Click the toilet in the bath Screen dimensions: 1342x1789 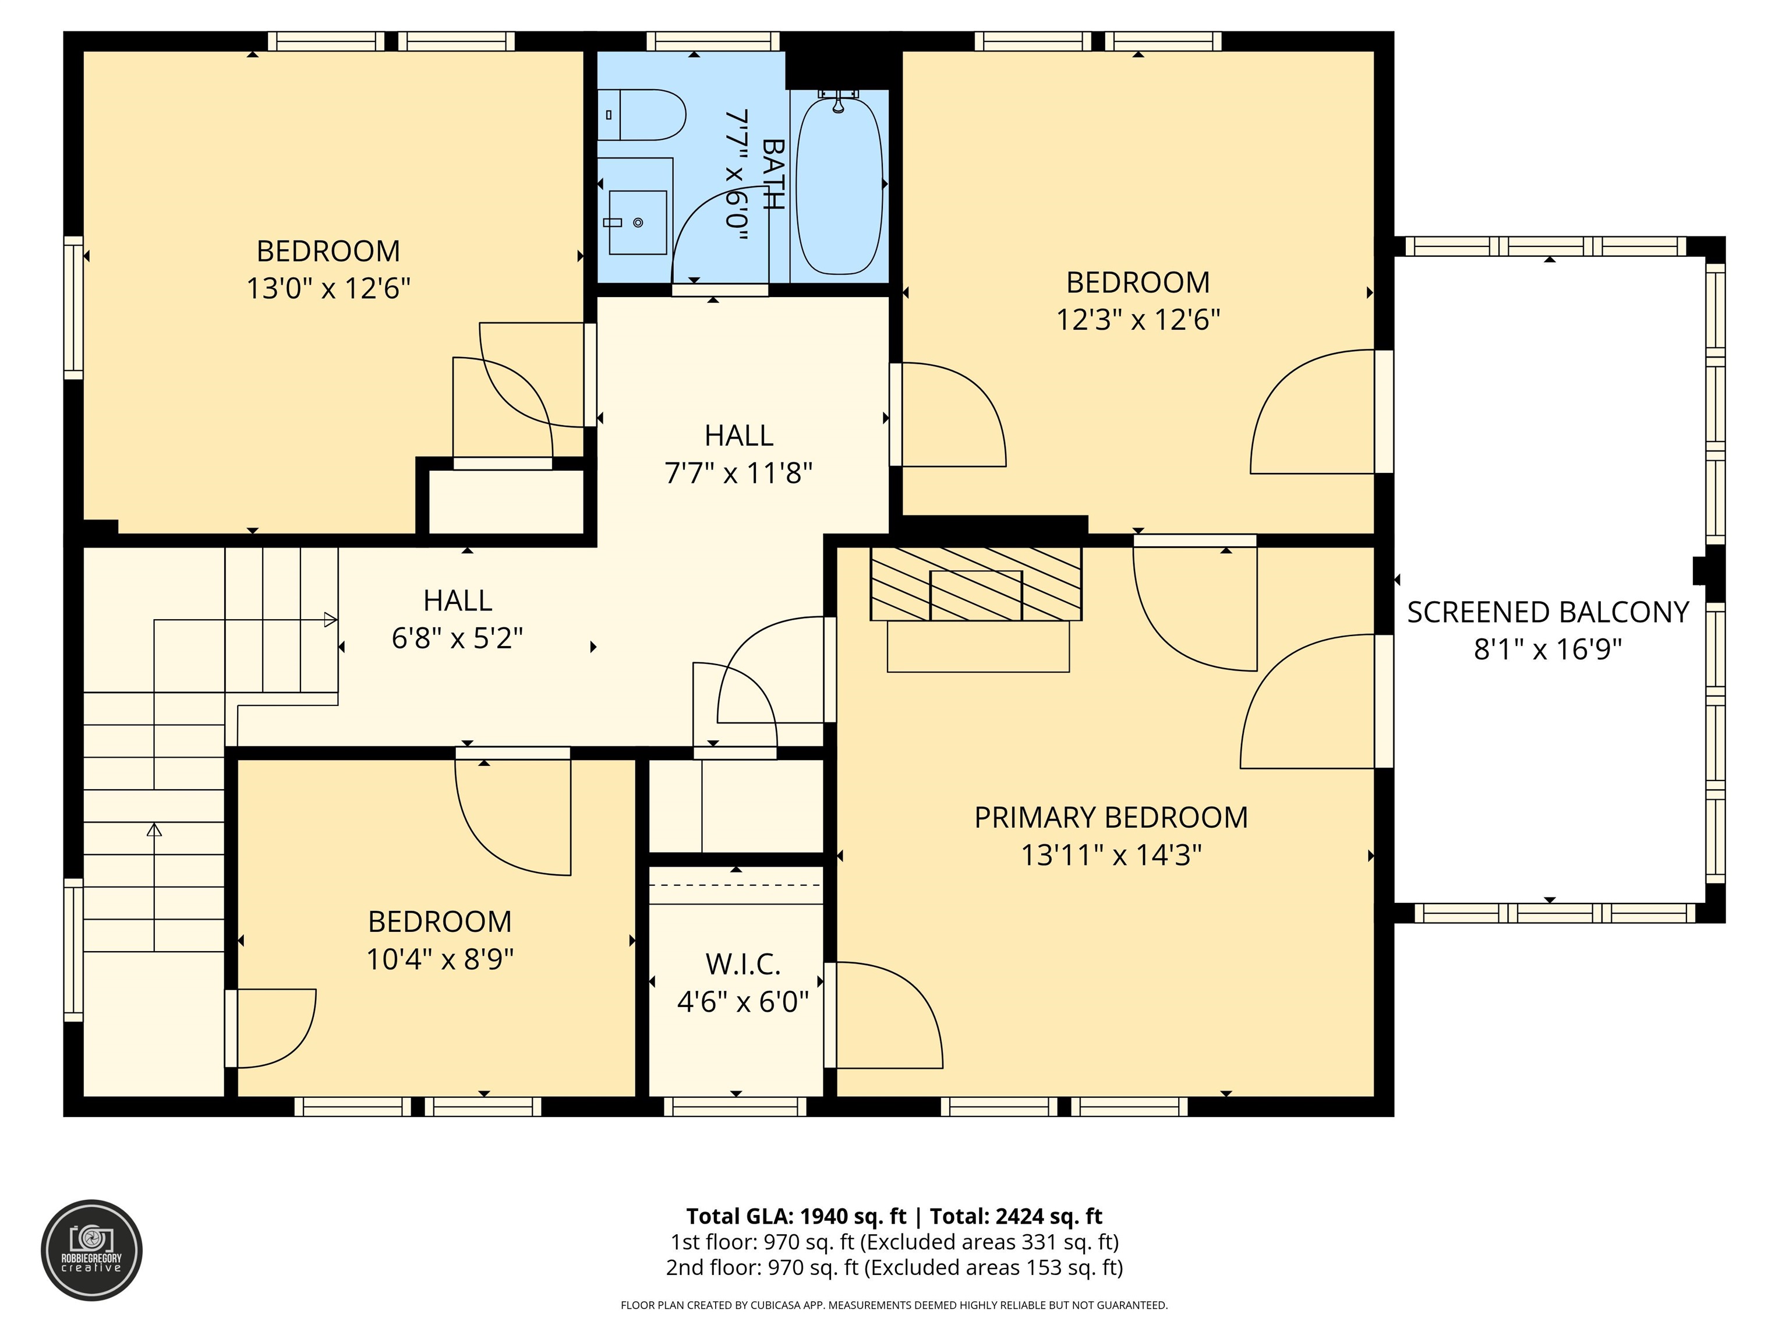(645, 115)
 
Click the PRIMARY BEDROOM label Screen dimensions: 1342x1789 (1111, 817)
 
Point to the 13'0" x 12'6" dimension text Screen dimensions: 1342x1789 (328, 288)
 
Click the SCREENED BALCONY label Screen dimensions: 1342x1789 (1547, 612)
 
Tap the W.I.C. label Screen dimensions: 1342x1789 (743, 964)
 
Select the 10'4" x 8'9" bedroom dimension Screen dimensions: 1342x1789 (440, 959)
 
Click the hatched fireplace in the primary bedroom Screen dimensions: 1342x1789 (975, 584)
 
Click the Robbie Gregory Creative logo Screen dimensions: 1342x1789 (91, 1250)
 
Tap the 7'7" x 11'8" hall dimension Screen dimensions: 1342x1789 (738, 472)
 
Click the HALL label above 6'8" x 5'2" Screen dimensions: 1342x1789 (458, 600)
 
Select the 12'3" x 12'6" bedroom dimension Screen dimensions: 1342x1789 (1137, 320)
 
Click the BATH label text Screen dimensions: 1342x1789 (772, 174)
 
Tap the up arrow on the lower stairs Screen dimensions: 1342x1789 (154, 830)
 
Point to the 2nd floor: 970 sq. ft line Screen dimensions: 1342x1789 (894, 1267)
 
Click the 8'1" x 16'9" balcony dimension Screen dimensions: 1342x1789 (1547, 649)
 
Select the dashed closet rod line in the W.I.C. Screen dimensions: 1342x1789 (736, 885)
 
